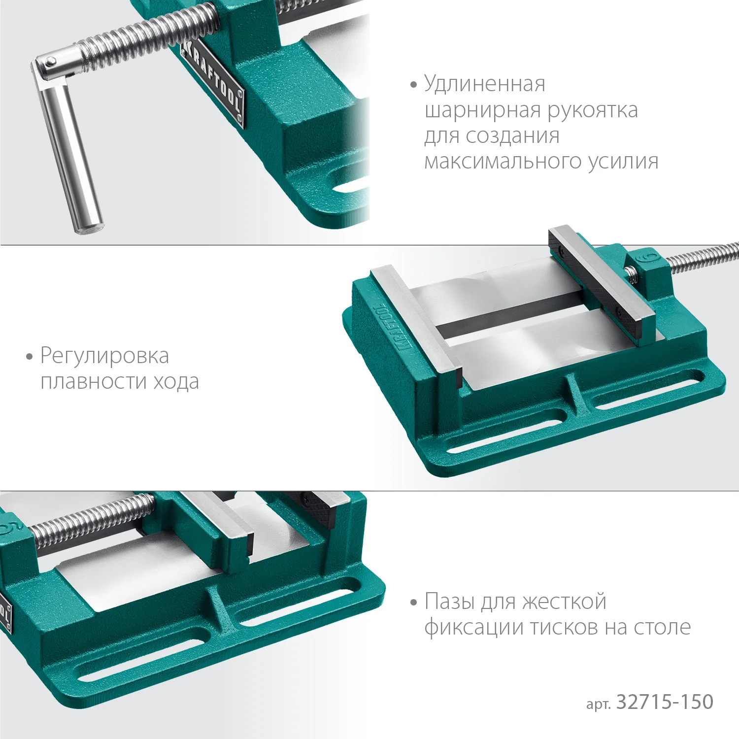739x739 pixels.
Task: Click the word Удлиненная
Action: (x=485, y=84)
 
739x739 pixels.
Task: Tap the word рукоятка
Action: (x=593, y=110)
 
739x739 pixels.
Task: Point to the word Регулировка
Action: (x=104, y=356)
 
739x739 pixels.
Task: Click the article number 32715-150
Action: (x=665, y=702)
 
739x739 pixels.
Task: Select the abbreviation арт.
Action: (x=598, y=704)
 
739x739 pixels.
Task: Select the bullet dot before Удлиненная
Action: (x=413, y=85)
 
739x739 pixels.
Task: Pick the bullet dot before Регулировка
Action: (x=29, y=356)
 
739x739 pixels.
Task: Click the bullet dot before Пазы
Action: (x=413, y=602)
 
